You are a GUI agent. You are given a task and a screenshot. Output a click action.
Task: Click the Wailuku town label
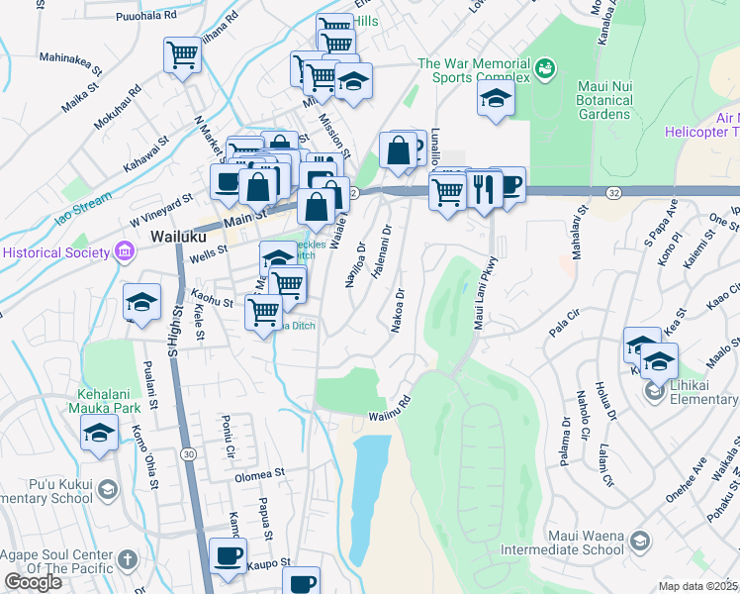(177, 238)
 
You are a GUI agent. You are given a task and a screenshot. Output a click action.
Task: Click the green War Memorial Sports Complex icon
(543, 68)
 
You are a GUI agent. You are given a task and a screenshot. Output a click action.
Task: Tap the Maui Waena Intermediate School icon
(640, 540)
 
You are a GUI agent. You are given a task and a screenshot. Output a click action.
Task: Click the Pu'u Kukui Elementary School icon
(107, 489)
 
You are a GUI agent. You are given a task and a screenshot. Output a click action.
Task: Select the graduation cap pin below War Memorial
(496, 98)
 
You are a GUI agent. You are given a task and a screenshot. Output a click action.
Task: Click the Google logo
(33, 582)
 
